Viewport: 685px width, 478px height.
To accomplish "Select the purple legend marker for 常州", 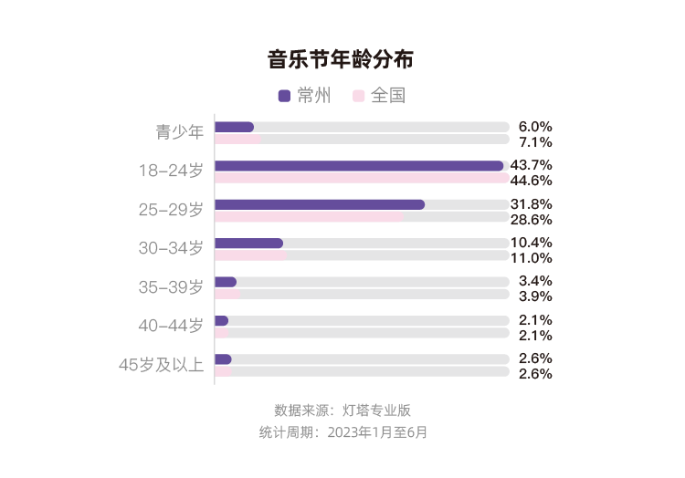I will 284,95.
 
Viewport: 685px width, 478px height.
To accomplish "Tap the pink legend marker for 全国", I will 359,95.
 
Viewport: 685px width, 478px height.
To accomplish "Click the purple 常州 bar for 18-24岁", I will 359,166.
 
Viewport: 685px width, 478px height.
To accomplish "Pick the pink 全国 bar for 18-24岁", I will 362,179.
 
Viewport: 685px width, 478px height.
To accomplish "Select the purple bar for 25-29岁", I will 320,204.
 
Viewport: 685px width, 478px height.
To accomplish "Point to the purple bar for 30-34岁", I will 248,244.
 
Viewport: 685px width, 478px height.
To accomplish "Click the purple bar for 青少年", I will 235,127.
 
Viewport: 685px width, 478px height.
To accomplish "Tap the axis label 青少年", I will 179,132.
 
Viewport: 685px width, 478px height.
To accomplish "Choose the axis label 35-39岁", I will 171,287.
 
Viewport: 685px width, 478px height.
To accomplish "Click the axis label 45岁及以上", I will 161,365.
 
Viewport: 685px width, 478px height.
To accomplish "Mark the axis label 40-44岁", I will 171,326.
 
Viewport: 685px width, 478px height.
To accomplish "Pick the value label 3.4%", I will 534,281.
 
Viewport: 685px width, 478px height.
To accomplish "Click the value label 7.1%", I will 534,142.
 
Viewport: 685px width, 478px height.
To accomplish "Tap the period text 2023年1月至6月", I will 376,431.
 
